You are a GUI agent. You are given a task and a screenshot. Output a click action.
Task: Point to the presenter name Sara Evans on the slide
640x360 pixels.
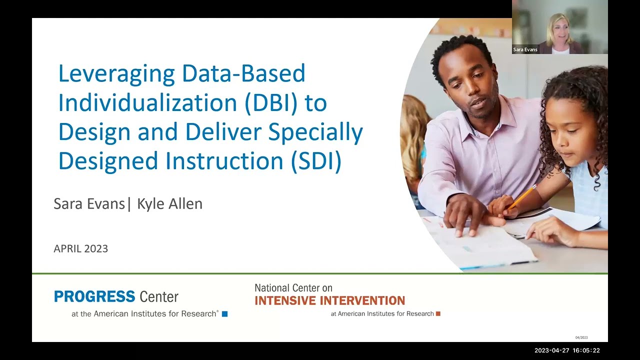(x=88, y=204)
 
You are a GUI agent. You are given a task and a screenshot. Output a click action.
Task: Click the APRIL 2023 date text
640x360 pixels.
(x=80, y=248)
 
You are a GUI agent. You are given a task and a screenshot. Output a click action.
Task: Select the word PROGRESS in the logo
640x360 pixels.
(x=94, y=296)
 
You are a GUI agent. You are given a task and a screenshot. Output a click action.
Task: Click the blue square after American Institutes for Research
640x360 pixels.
(x=224, y=314)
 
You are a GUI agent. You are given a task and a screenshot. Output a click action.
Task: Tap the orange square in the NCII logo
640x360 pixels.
(x=438, y=314)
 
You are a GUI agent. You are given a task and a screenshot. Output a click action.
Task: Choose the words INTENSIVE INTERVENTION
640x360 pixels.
(x=329, y=300)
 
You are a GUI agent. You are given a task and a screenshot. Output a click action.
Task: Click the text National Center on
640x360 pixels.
(x=293, y=288)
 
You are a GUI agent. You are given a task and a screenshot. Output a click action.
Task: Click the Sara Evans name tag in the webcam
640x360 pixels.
(x=525, y=50)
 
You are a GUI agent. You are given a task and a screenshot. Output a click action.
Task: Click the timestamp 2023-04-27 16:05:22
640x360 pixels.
(x=567, y=350)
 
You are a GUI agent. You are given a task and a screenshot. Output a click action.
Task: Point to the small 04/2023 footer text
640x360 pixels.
(x=581, y=337)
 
